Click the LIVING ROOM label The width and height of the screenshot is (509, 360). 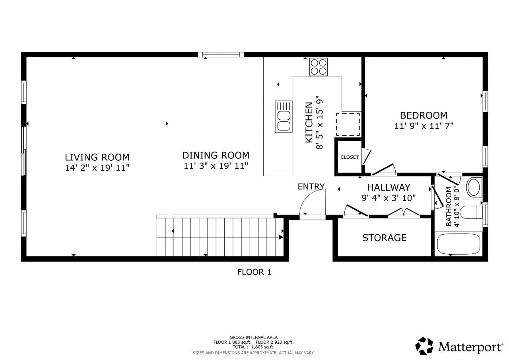(x=97, y=157)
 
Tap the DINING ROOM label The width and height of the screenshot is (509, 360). (x=216, y=155)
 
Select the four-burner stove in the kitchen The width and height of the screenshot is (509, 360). (x=319, y=67)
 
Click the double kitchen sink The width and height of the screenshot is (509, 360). (x=283, y=117)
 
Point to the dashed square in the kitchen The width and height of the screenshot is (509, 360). (x=348, y=125)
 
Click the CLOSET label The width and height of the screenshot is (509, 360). (x=350, y=157)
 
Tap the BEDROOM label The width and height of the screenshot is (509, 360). (x=424, y=115)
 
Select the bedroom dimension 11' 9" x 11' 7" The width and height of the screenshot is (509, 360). (x=424, y=126)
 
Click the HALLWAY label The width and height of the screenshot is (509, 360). (x=388, y=187)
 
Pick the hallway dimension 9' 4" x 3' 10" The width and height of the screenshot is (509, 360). (x=389, y=197)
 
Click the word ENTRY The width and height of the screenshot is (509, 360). (x=311, y=187)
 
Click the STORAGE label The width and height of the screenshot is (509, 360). (x=384, y=238)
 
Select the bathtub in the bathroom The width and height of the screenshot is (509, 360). (x=458, y=244)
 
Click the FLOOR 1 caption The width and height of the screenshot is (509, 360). (x=254, y=272)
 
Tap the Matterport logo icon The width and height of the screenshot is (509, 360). (x=425, y=346)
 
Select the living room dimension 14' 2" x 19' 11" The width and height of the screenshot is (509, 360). (x=97, y=167)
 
